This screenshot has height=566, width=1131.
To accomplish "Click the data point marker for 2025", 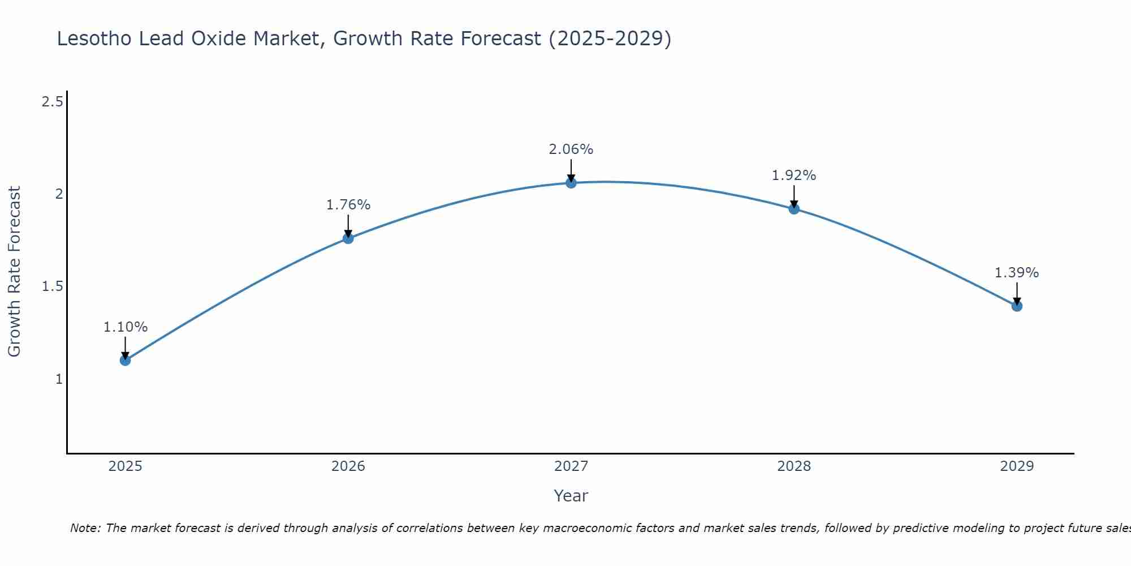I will [x=125, y=360].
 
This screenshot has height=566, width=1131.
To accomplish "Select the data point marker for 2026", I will [x=348, y=238].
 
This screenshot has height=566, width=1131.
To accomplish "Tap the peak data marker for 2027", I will [x=571, y=183].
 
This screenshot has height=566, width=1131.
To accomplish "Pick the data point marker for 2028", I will [x=793, y=209].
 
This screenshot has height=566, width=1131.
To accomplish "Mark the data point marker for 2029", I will [x=1016, y=306].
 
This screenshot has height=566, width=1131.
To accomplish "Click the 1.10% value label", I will [x=125, y=327].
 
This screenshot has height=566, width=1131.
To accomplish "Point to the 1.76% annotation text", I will [x=348, y=205].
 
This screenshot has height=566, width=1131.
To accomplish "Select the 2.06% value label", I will [x=571, y=149].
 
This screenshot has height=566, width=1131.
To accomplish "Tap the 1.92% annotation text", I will [x=793, y=175].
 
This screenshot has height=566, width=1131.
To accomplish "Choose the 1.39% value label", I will [x=1016, y=273].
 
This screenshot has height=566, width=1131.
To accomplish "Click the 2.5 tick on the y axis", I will [x=52, y=102].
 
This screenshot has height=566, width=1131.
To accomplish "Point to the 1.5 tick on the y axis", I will [x=52, y=286].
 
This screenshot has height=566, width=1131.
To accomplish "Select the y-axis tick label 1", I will [x=59, y=379].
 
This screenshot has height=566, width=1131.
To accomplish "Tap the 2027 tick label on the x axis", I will [x=571, y=466].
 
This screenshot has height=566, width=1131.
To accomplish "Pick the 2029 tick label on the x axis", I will [x=1016, y=466].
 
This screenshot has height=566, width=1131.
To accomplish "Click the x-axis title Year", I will [x=571, y=496].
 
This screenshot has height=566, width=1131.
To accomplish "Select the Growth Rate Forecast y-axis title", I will [x=14, y=272].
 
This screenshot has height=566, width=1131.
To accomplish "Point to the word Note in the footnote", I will [x=84, y=528].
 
